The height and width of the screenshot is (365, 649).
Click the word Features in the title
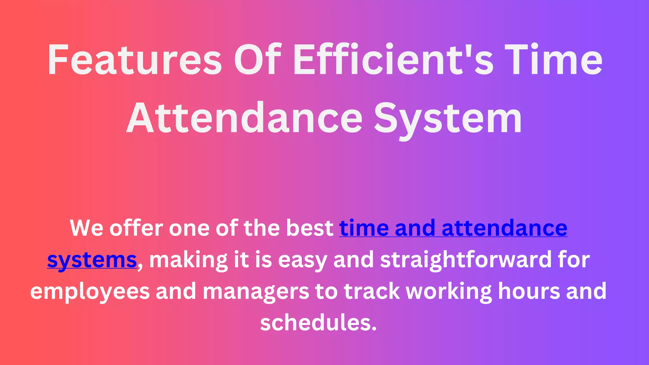(135, 60)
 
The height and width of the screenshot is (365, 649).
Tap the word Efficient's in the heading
(393, 60)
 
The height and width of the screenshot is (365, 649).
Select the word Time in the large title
(553, 60)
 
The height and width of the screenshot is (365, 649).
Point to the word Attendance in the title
(244, 119)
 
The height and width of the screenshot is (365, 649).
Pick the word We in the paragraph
(86, 228)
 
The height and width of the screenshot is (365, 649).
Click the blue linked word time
(364, 228)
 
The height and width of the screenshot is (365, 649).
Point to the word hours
(529, 291)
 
